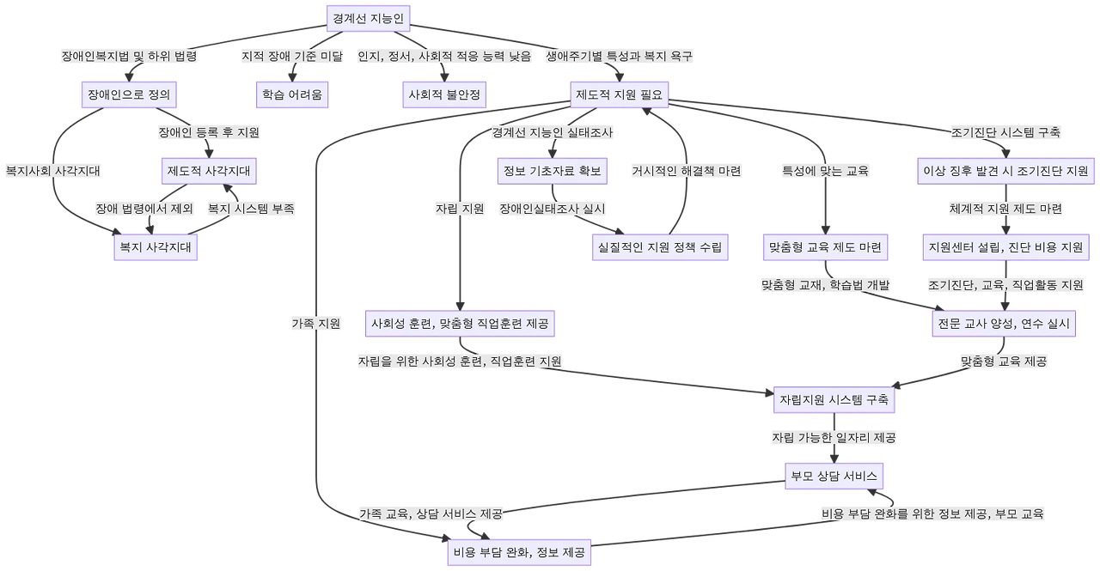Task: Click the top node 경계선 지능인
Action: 368,17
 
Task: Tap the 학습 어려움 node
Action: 293,94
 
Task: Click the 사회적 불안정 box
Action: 445,94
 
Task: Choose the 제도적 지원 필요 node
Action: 619,94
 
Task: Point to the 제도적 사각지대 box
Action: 209,171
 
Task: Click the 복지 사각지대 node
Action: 156,247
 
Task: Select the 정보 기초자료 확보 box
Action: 552,171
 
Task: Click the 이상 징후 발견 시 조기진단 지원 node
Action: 1005,171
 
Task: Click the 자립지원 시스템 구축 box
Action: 834,400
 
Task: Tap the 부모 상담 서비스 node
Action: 833,476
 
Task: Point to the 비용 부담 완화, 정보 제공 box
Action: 518,552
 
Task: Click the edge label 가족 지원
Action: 316,324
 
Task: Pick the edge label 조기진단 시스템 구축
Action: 1005,133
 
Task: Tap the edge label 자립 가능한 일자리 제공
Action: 834,438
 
